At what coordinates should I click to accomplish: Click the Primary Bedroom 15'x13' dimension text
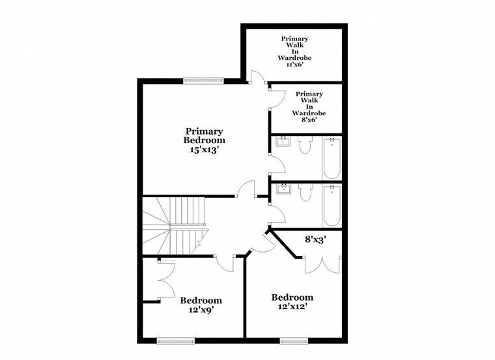[x=205, y=150]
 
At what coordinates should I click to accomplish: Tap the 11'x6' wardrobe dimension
[x=294, y=64]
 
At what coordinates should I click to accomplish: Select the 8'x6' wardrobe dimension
[x=309, y=120]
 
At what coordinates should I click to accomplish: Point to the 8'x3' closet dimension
[x=315, y=240]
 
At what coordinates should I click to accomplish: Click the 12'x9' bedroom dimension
[x=201, y=310]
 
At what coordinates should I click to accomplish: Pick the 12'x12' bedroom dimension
[x=292, y=306]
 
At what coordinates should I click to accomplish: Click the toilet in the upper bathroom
[x=305, y=145]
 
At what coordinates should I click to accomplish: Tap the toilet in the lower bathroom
[x=305, y=193]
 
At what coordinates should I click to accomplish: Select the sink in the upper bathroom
[x=283, y=142]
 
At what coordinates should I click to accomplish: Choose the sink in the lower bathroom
[x=284, y=189]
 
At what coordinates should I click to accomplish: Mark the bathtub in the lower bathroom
[x=332, y=206]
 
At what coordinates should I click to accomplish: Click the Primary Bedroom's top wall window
[x=203, y=81]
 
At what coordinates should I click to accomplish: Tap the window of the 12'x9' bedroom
[x=175, y=340]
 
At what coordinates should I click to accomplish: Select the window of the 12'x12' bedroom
[x=294, y=340]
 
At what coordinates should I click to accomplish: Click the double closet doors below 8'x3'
[x=322, y=265]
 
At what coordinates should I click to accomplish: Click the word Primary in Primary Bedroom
[x=205, y=132]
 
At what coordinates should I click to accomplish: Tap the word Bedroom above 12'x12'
[x=292, y=298]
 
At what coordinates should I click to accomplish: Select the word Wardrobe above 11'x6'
[x=294, y=58]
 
